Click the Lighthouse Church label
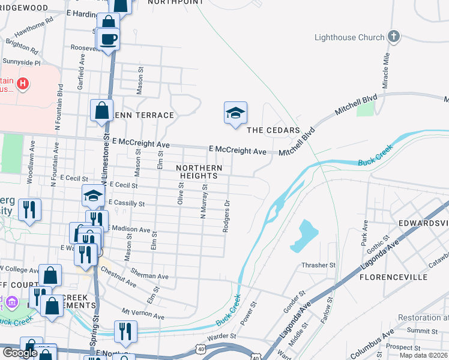click(x=349, y=37)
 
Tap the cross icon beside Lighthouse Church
click(x=394, y=37)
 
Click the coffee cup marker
click(x=108, y=40)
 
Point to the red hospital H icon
click(x=22, y=83)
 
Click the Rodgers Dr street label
click(x=227, y=217)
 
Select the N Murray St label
click(x=204, y=201)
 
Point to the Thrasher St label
click(x=319, y=265)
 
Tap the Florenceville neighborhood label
click(x=393, y=278)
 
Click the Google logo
click(x=20, y=353)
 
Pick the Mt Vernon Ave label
click(x=143, y=313)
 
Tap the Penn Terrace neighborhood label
click(x=144, y=115)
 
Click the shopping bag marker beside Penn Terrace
click(x=101, y=111)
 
